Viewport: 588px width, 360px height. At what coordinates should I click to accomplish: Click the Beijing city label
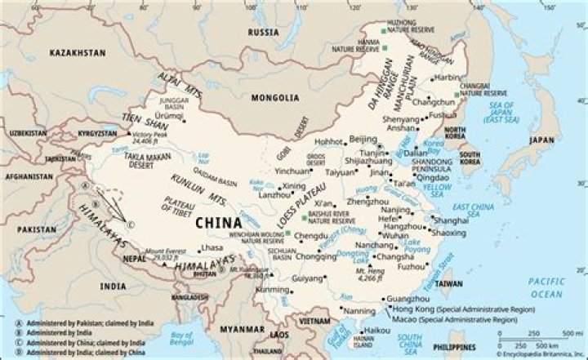tap(363, 140)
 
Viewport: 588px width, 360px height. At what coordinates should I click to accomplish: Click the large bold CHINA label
tap(218, 222)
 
